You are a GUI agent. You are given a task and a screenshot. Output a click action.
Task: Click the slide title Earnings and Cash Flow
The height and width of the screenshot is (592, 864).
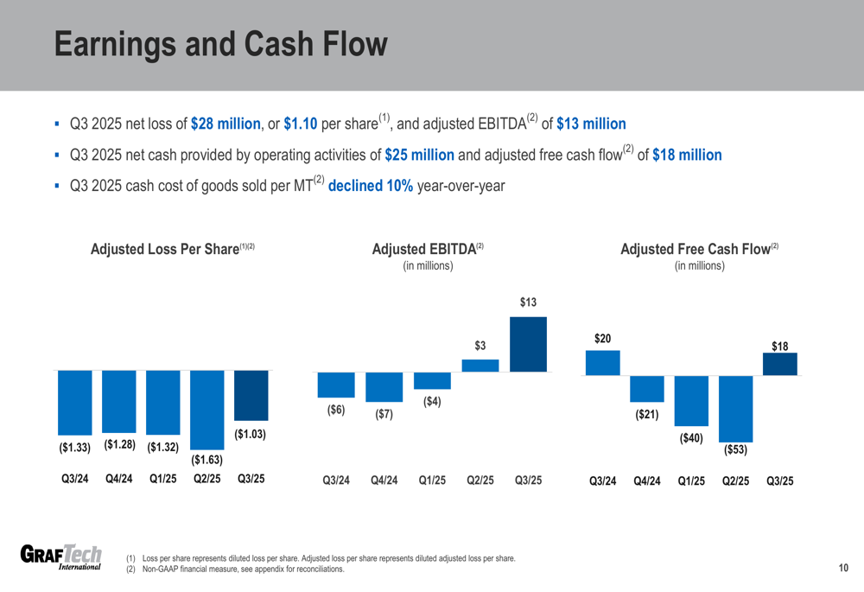[221, 46]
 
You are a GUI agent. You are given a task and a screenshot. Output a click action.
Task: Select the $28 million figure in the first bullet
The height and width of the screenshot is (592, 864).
[226, 124]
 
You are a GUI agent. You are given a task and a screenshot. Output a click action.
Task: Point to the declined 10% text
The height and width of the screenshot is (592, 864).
[371, 186]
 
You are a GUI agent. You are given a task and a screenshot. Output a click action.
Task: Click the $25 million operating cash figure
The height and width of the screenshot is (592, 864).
[419, 156]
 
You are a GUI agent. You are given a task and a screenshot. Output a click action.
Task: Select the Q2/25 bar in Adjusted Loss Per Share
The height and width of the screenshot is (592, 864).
[207, 409]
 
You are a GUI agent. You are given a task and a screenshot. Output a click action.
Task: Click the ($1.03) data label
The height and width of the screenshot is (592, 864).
[251, 434]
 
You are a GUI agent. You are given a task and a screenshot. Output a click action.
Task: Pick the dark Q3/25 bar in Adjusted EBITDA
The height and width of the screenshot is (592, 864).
[528, 344]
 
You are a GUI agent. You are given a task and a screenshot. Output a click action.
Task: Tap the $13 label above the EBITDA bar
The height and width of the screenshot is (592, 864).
[528, 303]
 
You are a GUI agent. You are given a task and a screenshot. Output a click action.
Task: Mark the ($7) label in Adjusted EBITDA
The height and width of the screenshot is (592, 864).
[384, 415]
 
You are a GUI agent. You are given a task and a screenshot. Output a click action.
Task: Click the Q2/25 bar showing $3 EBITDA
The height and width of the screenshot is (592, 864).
[480, 365]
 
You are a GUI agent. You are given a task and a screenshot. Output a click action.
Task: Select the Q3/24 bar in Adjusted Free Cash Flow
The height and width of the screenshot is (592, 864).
[602, 363]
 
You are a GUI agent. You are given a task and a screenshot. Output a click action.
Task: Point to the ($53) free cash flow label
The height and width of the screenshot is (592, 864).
[735, 450]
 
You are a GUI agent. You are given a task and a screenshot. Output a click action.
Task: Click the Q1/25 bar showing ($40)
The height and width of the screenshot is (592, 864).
[691, 400]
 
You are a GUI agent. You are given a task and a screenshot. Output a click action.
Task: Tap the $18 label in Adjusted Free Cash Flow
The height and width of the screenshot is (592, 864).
[779, 347]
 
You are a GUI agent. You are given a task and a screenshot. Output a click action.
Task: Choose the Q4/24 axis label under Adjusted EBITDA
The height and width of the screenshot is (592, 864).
[384, 481]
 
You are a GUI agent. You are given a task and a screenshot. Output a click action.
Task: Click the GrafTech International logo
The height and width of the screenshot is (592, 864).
[60, 557]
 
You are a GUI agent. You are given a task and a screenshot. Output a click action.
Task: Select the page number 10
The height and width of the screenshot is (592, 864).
[843, 568]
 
